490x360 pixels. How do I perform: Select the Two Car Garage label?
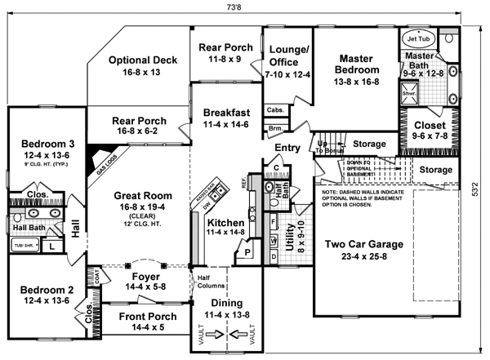[363, 243]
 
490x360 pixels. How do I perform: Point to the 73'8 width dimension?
[245, 6]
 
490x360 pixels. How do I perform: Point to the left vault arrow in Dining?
[215, 334]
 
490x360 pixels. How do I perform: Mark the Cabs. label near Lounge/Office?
[274, 110]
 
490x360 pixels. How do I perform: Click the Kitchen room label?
[225, 222]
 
